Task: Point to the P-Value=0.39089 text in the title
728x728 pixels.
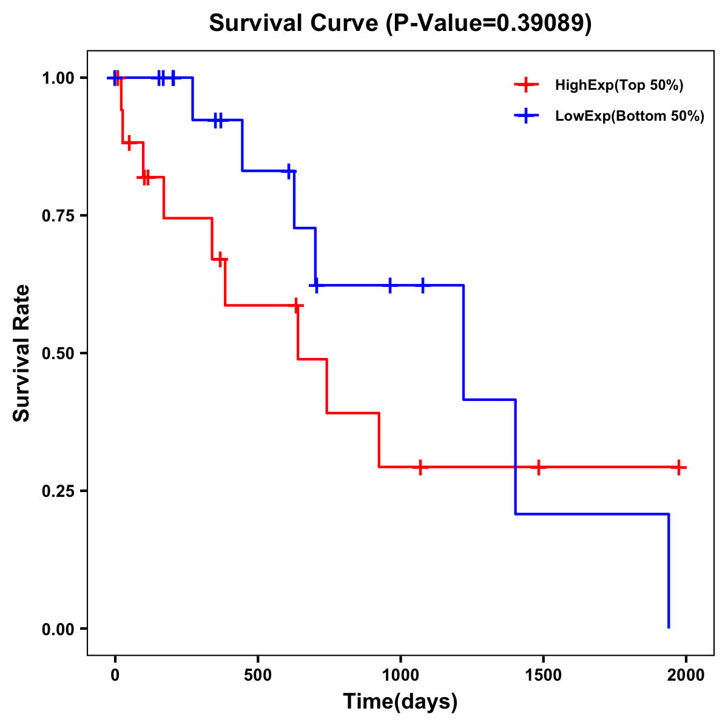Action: [x=489, y=24]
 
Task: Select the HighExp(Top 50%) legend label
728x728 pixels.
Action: [x=619, y=86]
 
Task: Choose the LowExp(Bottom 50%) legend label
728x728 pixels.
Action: [x=630, y=116]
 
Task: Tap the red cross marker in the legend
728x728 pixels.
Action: [x=526, y=86]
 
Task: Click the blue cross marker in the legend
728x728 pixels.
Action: [x=526, y=116]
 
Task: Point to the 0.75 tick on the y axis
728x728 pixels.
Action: [x=58, y=215]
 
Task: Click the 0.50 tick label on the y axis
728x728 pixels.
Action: [x=58, y=353]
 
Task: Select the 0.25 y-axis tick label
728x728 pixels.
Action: [x=58, y=491]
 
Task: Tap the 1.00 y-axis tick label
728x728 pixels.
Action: [x=58, y=78]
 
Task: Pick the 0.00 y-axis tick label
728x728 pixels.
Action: [x=58, y=629]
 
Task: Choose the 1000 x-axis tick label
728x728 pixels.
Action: [x=400, y=675]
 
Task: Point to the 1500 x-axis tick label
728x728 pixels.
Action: [x=543, y=675]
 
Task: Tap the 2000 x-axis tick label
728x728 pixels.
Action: [x=686, y=675]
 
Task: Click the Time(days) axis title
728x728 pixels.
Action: [x=400, y=702]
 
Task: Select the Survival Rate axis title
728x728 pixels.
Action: [x=22, y=353]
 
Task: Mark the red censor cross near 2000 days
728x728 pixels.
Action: [x=679, y=467]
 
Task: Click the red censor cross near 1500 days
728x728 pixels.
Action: [x=538, y=467]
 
